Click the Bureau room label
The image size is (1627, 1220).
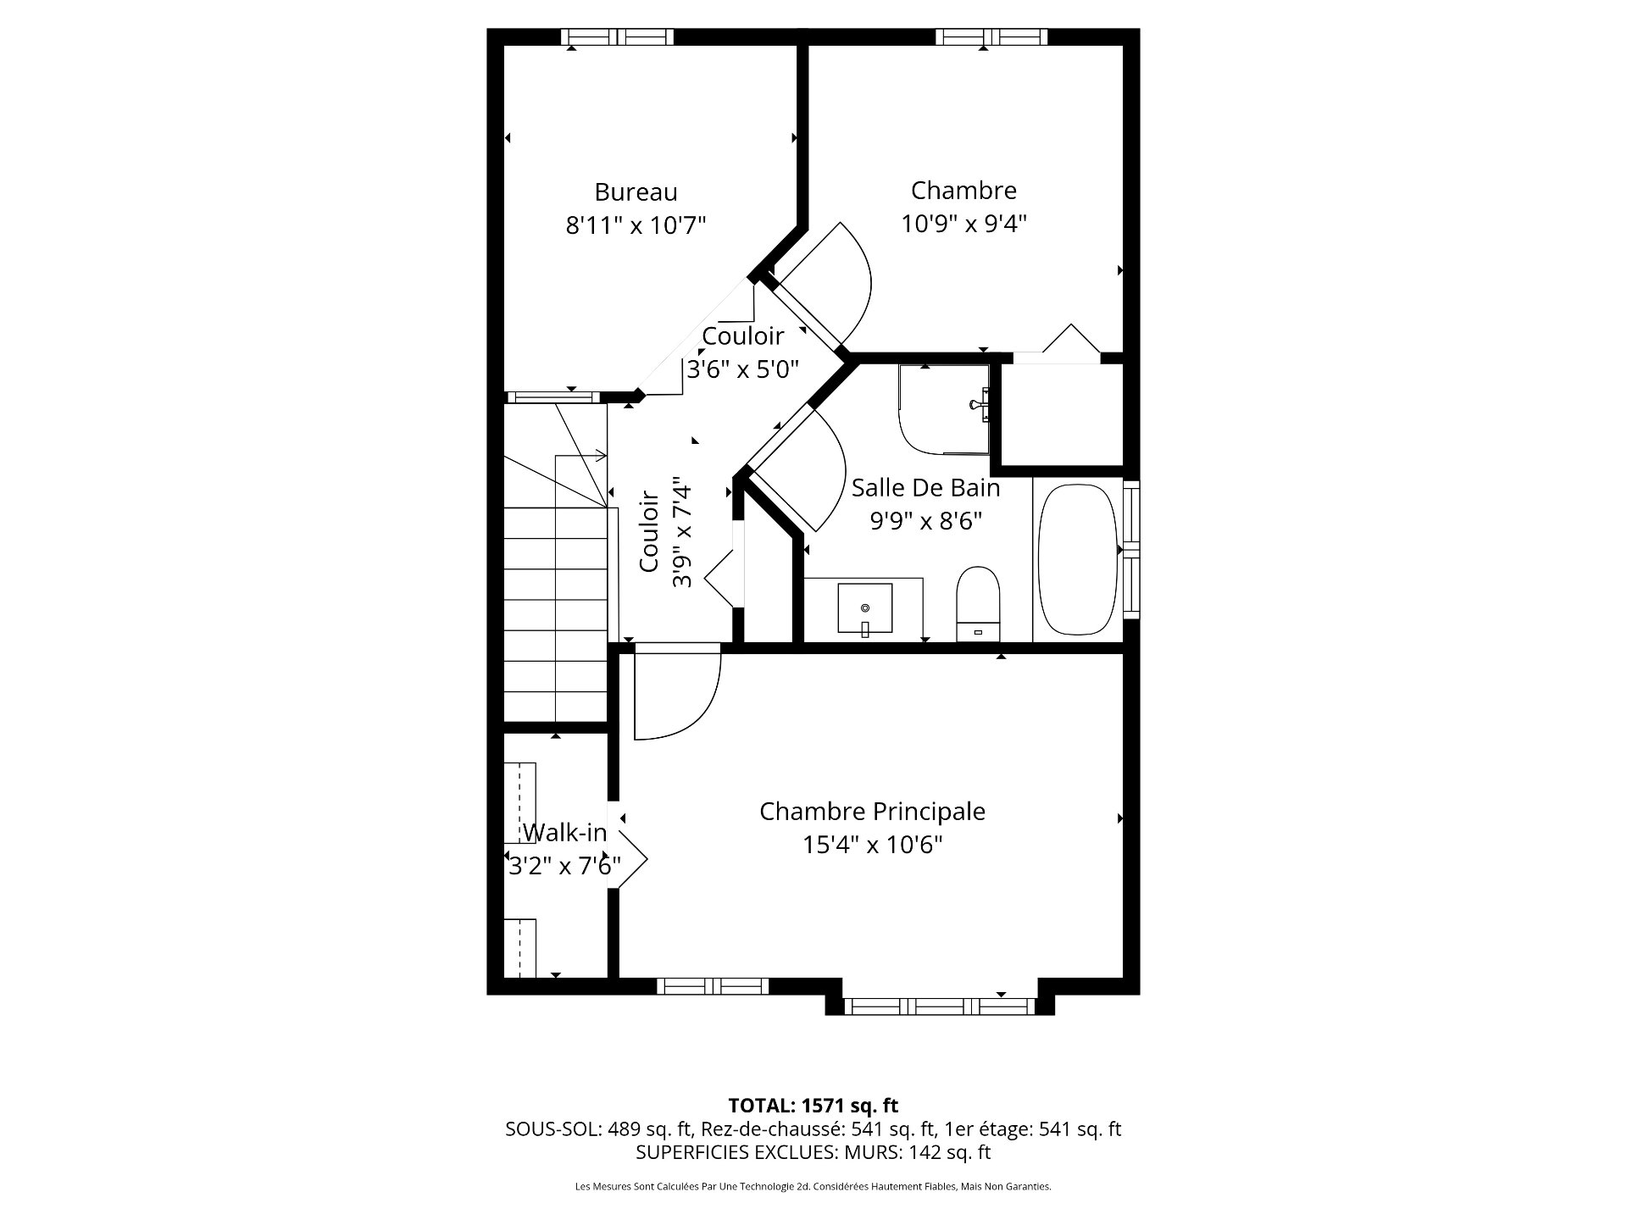[636, 192]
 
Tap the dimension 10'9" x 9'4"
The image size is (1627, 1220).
[963, 224]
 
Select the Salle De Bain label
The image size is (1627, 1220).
[925, 488]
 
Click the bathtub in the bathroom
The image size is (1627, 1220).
[1076, 560]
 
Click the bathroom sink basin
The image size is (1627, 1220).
[864, 608]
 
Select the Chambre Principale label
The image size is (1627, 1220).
[872, 812]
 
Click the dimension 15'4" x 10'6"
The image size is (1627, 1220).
[873, 845]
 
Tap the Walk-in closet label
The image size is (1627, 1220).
[564, 833]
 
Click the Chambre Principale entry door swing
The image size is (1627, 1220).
[674, 690]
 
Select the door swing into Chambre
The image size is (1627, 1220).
[826, 280]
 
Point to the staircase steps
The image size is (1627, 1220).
[556, 593]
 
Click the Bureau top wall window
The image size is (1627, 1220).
[617, 36]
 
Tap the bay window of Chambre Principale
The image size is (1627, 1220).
[940, 1006]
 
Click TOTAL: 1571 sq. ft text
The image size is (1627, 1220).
[813, 1106]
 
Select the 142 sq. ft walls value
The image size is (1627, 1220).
[949, 1152]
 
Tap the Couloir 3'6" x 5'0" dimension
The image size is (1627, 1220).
[743, 369]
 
